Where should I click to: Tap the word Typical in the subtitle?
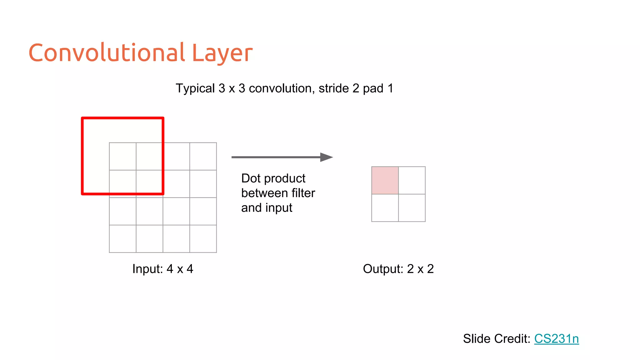[195, 88]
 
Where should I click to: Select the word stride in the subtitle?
[334, 88]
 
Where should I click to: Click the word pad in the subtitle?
[373, 89]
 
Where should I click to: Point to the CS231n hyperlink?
[556, 339]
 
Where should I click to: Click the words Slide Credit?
[497, 339]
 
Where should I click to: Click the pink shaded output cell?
[385, 180]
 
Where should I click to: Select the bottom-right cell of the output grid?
[412, 208]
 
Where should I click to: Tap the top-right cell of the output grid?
[412, 180]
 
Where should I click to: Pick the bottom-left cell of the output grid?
[385, 208]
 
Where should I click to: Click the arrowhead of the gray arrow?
[326, 157]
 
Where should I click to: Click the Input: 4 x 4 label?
[163, 269]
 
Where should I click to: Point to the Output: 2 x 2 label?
[398, 269]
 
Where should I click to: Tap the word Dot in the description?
[251, 178]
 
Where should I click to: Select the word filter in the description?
[303, 193]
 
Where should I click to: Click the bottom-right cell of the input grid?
[203, 239]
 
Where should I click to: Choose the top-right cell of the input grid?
[203, 156]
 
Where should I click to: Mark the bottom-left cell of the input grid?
[122, 239]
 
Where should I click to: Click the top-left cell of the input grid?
[122, 156]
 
